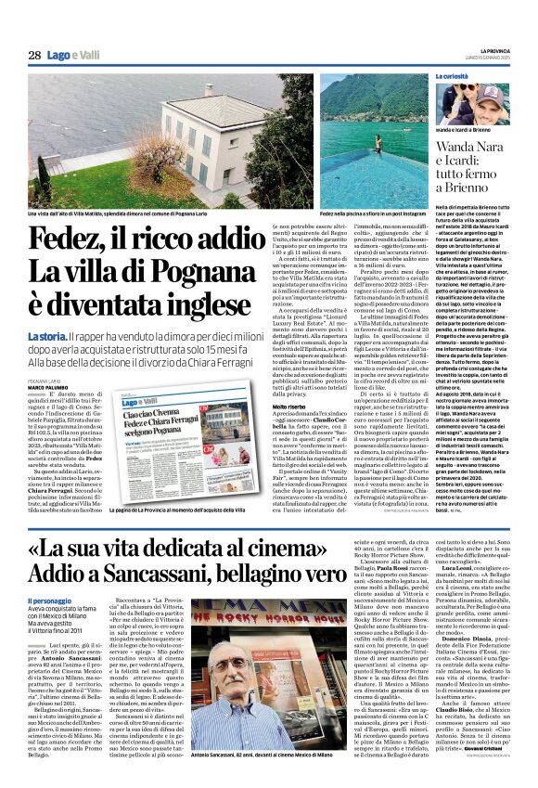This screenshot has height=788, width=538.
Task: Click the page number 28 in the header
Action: pos(34,55)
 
